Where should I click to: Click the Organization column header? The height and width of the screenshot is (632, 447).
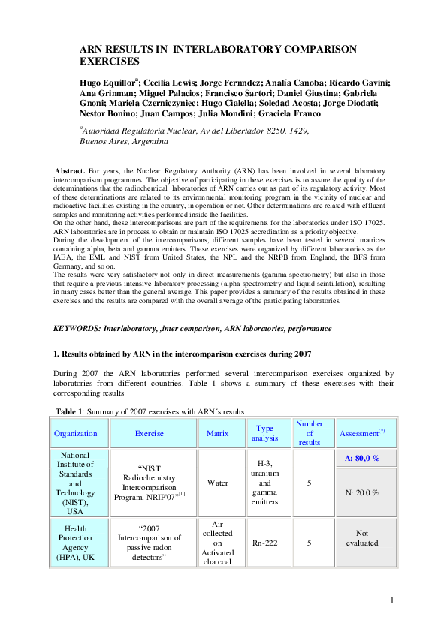76,433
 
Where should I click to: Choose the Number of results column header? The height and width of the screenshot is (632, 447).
309,433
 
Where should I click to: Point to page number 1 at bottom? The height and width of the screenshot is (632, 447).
392,600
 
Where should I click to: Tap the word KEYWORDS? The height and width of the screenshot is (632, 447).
77,329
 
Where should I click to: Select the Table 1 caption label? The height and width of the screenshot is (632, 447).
71,411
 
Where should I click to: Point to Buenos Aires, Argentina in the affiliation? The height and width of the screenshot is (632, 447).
123,140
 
